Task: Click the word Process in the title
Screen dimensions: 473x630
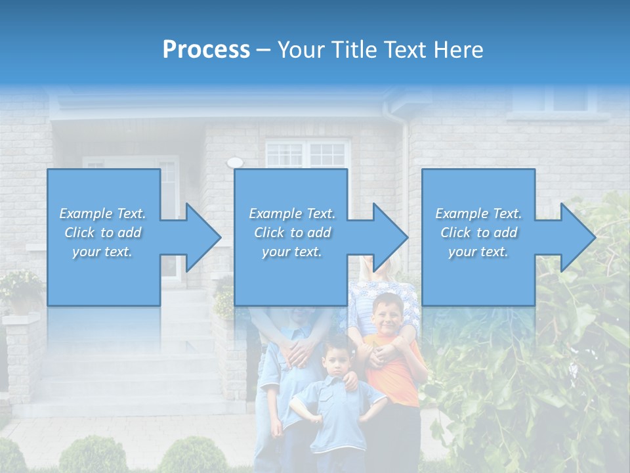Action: pos(206,50)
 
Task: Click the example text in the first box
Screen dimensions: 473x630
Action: pos(103,233)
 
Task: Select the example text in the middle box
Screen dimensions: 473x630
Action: pos(292,233)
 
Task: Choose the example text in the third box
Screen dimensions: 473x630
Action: pos(478,233)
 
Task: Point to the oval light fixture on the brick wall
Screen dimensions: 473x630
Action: pos(234,162)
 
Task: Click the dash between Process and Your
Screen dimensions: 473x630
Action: pos(263,50)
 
